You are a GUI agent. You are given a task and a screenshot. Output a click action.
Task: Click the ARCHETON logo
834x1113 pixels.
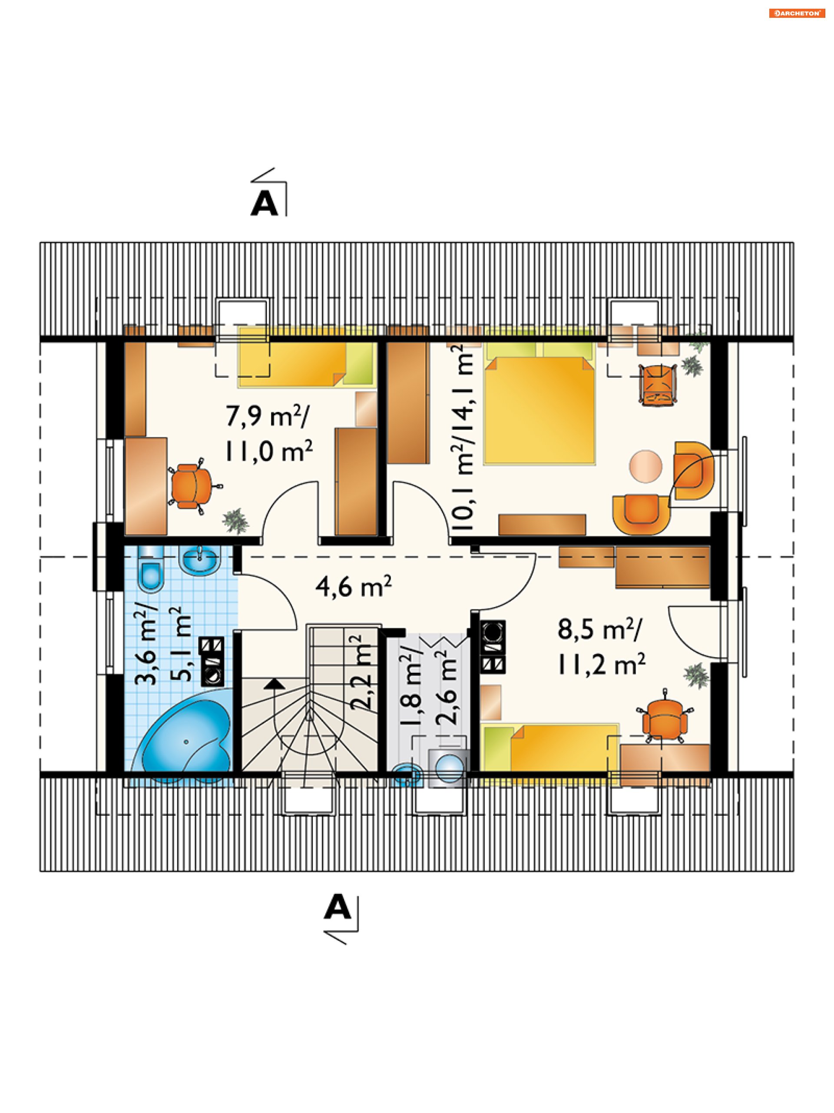pyautogui.click(x=797, y=13)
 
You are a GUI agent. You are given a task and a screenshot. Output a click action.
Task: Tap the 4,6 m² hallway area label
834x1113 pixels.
pyautogui.click(x=354, y=587)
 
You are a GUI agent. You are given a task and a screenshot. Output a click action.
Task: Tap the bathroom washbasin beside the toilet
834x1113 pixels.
pyautogui.click(x=200, y=559)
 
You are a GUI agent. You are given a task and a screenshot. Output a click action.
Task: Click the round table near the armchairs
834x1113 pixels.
pyautogui.click(x=645, y=466)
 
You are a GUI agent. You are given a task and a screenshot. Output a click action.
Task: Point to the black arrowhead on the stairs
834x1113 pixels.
pyautogui.click(x=274, y=683)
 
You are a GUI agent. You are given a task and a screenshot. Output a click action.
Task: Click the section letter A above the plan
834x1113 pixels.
pyautogui.click(x=264, y=204)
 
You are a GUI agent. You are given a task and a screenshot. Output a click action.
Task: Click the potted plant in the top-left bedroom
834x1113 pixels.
pyautogui.click(x=235, y=521)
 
